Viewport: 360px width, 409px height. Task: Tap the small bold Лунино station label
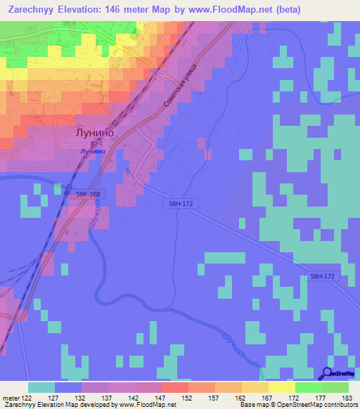click(x=93, y=150)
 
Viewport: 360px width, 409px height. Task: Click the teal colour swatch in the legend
click(x=41, y=388)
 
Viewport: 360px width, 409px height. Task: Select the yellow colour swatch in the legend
click(x=281, y=388)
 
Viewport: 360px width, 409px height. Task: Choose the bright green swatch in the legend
click(x=309, y=388)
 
